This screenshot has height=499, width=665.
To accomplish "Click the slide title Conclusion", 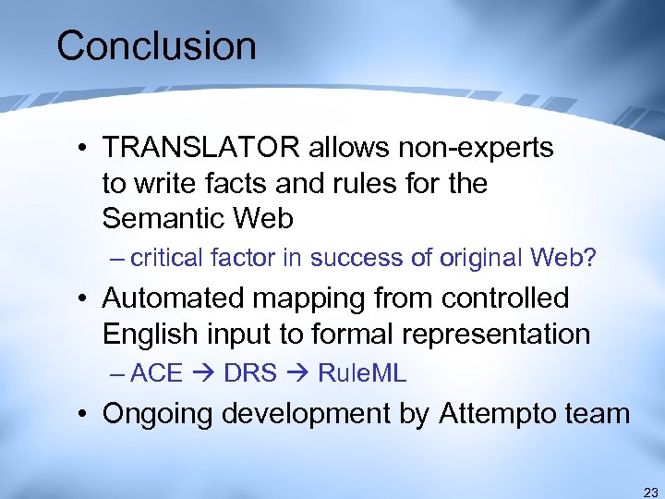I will tap(156, 46).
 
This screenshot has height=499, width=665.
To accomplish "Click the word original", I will tap(464, 258).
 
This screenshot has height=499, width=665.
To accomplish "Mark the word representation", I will tap(507, 334).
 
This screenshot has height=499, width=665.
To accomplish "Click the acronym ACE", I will tap(157, 374).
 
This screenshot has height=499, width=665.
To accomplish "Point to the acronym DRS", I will tap(250, 374).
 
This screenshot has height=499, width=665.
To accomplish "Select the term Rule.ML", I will tap(362, 374).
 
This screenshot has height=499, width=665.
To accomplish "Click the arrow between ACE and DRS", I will tap(203, 374).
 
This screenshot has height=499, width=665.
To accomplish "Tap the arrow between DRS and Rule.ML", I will tap(297, 374).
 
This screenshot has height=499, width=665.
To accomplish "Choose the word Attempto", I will tap(499, 414).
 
